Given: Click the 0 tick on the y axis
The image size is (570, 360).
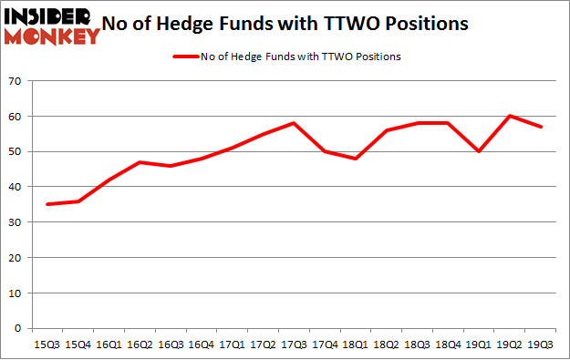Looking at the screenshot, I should click(x=18, y=328).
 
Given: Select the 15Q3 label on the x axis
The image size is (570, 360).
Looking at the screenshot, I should click(x=47, y=345).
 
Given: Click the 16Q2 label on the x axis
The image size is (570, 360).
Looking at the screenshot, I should click(x=139, y=345).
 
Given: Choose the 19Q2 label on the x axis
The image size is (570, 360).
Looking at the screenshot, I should click(x=511, y=345).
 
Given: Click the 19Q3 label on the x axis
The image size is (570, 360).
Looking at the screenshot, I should click(x=542, y=345).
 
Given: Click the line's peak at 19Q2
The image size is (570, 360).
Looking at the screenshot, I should click(x=511, y=117).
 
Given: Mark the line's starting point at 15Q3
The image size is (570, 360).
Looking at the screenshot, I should click(x=47, y=204).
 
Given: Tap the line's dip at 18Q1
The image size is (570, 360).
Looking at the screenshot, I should click(x=356, y=159).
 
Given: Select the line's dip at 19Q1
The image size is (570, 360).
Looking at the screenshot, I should click(x=480, y=151).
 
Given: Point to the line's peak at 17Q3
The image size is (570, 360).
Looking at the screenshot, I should click(x=294, y=123).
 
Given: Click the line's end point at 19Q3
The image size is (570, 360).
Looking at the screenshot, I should click(x=542, y=127).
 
